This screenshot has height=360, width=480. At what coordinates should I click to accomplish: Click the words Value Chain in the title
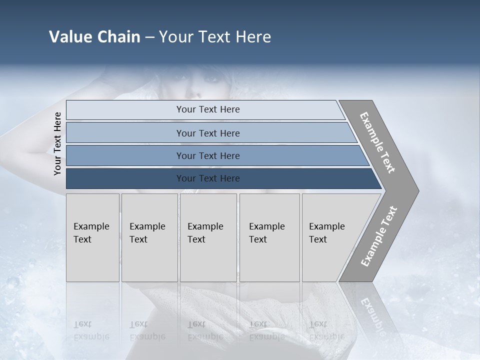[94, 37]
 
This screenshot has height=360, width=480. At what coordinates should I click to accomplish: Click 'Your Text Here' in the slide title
[215, 37]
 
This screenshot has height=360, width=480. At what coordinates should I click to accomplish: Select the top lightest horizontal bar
[207, 109]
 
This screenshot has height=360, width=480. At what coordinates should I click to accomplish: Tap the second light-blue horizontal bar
[207, 133]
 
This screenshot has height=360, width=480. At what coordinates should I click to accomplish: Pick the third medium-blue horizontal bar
[207, 155]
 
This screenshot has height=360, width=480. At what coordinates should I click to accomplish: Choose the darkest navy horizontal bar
[207, 178]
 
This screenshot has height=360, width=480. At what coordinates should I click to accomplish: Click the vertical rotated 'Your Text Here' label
[57, 143]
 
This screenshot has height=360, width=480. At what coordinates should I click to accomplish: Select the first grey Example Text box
[92, 237]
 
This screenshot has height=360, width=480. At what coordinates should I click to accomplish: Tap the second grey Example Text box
[149, 237]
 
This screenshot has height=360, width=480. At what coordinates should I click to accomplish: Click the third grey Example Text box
[207, 237]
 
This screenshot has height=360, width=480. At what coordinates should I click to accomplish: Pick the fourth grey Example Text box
[269, 237]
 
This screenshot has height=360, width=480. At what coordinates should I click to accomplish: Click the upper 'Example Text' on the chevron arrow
[378, 142]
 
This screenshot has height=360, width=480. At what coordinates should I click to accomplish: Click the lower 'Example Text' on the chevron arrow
[379, 236]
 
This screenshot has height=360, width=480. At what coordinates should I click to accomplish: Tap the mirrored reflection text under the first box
[91, 330]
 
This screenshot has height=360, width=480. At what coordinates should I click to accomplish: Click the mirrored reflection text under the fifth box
[326, 330]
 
